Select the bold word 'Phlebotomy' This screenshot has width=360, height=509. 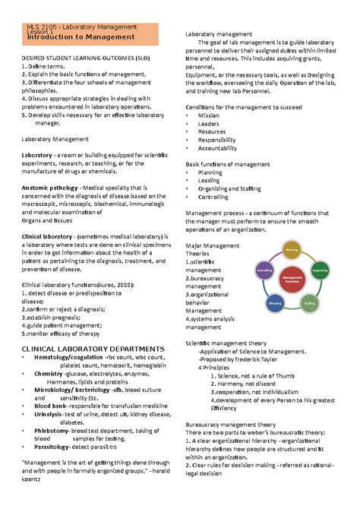pyautogui.click(x=52, y=429)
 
